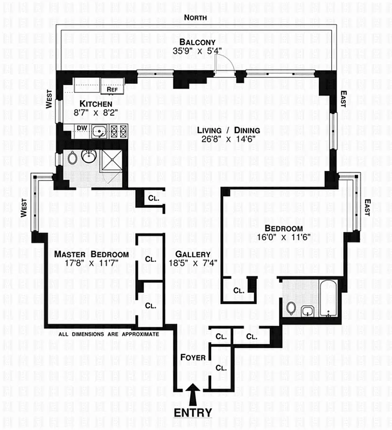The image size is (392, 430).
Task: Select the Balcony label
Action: [x=198, y=42]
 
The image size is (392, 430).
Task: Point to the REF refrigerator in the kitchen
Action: [x=112, y=89]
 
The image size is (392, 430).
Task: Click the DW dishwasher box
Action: [x=82, y=128]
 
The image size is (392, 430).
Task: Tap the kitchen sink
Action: [x=98, y=131]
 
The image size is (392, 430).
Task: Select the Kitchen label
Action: [x=96, y=104]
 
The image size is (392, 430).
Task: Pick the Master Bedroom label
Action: [x=92, y=254]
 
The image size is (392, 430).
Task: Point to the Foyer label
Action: [x=192, y=357]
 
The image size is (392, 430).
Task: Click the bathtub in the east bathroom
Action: [x=327, y=298]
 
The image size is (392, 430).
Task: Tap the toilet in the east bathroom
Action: [x=291, y=308]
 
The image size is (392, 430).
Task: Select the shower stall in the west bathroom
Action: [x=110, y=160]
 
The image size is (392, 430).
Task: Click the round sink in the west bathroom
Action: [x=88, y=156]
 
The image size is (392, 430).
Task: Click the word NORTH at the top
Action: [x=196, y=18]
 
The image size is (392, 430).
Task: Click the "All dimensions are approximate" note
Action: [x=109, y=334]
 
